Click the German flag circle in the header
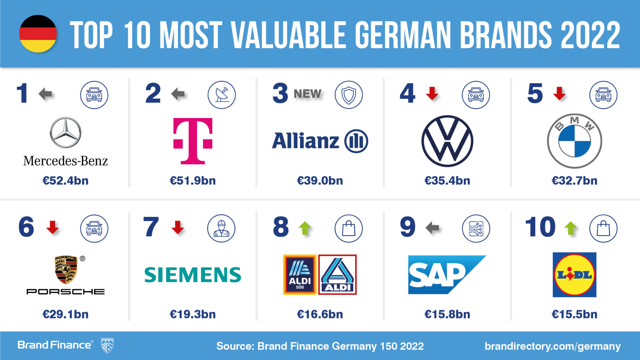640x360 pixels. pyautogui.click(x=38, y=34)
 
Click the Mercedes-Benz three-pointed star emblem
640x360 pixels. pyautogui.click(x=66, y=132)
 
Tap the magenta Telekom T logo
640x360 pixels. pyautogui.click(x=193, y=141)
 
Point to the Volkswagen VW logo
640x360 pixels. pyautogui.click(x=447, y=141)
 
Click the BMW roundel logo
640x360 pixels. pyautogui.click(x=574, y=141)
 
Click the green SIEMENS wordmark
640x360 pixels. pyautogui.click(x=192, y=275)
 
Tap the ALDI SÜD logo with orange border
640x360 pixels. pyautogui.click(x=300, y=275)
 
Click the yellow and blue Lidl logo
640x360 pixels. pyautogui.click(x=574, y=275)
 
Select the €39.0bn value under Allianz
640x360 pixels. pyautogui.click(x=320, y=181)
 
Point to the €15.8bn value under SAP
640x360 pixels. pyautogui.click(x=447, y=314)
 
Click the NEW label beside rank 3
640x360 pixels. pyautogui.click(x=307, y=94)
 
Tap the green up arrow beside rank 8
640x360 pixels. pyautogui.click(x=305, y=228)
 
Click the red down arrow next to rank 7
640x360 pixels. pyautogui.click(x=178, y=227)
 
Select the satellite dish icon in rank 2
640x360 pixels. pyautogui.click(x=222, y=95)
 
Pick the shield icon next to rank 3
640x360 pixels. pyautogui.click(x=349, y=95)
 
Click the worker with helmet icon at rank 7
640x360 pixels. pyautogui.click(x=221, y=228)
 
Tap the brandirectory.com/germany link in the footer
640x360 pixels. pyautogui.click(x=552, y=346)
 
